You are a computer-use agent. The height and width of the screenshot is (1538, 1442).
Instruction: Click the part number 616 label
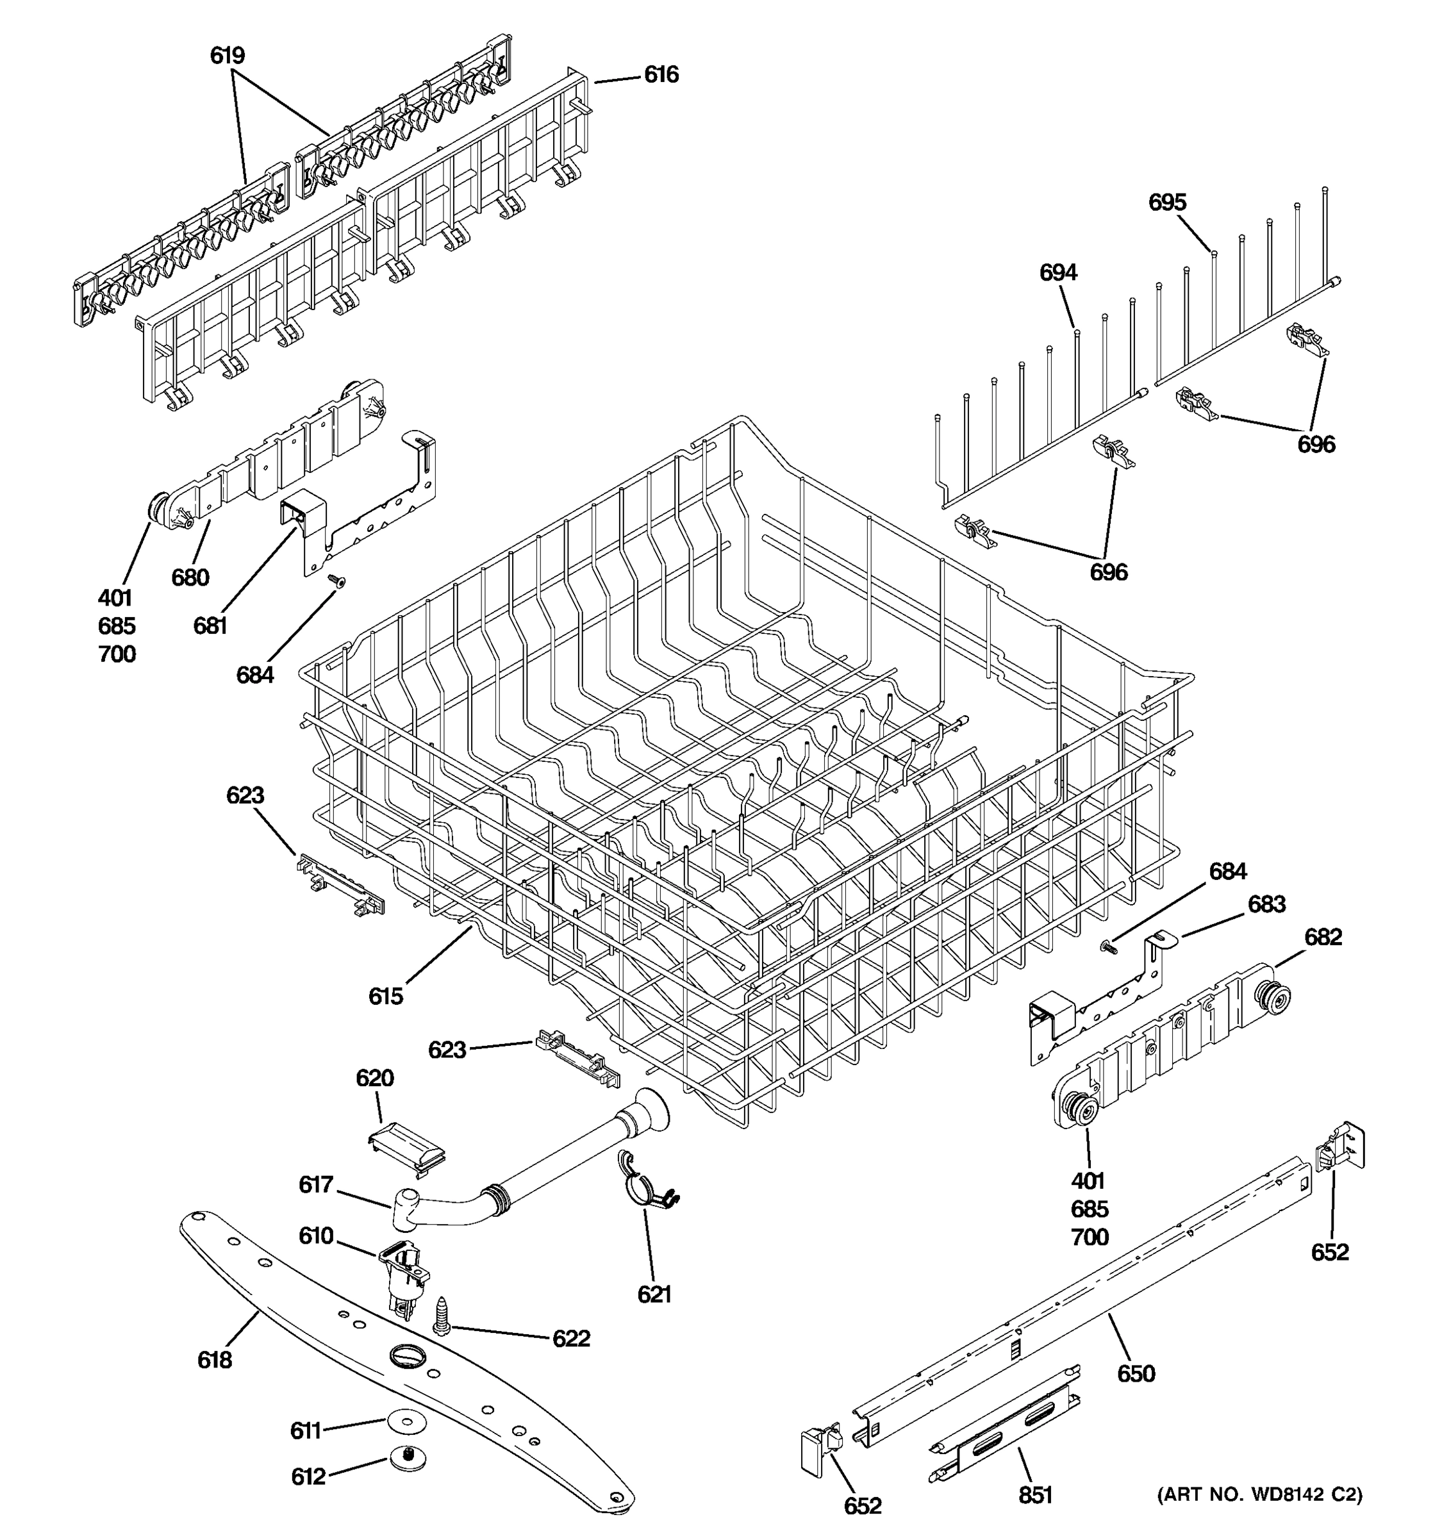tap(661, 75)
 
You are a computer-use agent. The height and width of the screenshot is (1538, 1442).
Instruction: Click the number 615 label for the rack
tap(385, 996)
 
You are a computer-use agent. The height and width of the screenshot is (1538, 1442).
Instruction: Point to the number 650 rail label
tap(1136, 1374)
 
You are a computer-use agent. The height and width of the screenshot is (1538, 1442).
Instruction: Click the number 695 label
tap(1166, 203)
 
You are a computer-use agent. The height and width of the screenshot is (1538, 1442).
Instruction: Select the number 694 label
tap(1057, 272)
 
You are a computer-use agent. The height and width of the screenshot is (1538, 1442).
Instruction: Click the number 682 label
tap(1323, 937)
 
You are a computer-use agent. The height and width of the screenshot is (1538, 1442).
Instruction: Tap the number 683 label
tap(1266, 904)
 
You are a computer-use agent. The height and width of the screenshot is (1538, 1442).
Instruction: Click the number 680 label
tap(190, 577)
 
